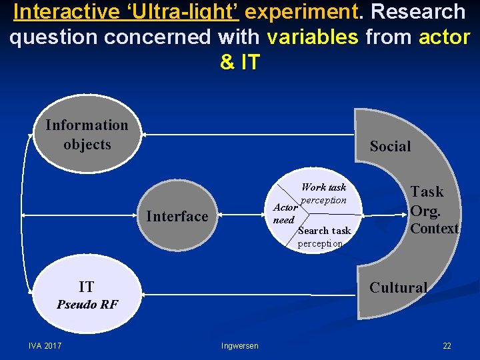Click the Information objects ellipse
(x=87, y=135)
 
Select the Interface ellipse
(x=177, y=216)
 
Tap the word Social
(x=390, y=147)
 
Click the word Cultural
(x=398, y=288)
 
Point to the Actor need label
(x=285, y=213)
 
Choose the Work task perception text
(x=323, y=193)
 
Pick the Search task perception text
(x=323, y=237)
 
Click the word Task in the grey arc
(x=427, y=192)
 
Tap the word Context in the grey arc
(x=434, y=229)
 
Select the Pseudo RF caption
(x=87, y=305)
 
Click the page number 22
(x=447, y=346)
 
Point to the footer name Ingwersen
(x=240, y=346)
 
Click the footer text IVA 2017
(x=45, y=346)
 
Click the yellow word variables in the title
(x=312, y=37)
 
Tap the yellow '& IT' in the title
(x=239, y=62)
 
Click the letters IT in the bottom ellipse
(x=86, y=287)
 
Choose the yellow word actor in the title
(x=444, y=37)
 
